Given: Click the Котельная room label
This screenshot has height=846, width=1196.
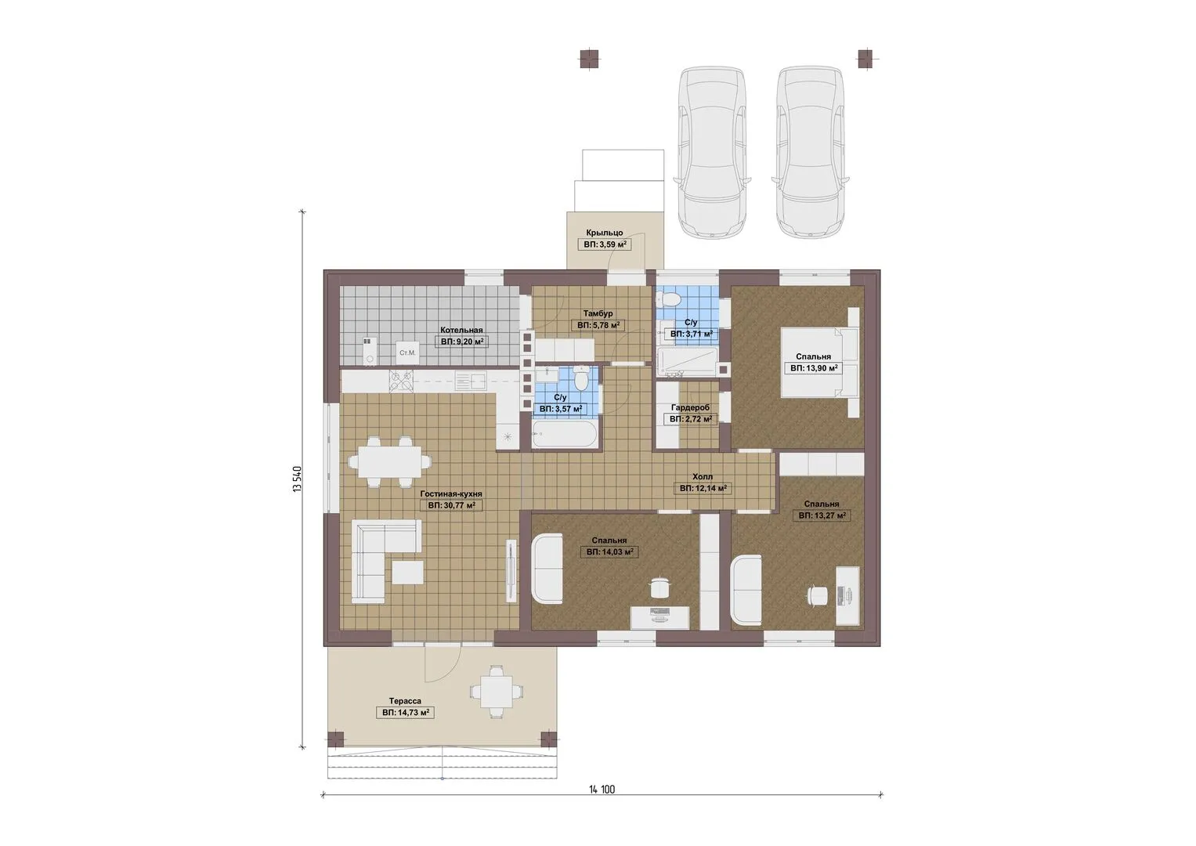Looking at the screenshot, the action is [461, 330].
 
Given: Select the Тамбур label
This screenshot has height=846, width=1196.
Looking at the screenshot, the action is [598, 313].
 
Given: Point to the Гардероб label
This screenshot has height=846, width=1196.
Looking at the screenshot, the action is [690, 407].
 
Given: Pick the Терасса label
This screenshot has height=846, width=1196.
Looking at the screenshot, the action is [405, 701].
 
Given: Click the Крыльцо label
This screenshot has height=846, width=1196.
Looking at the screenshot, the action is [605, 233].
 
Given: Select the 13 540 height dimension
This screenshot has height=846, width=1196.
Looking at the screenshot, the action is [298, 479].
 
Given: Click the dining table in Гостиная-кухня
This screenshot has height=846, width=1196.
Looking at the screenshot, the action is [390, 462].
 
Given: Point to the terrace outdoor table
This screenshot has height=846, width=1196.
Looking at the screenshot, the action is [497, 692].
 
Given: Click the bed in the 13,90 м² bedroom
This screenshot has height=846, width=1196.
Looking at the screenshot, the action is [820, 362].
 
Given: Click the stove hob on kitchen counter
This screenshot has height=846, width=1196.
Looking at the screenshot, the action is [401, 382].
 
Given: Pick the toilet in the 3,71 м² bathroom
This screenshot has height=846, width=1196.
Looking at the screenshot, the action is [672, 298].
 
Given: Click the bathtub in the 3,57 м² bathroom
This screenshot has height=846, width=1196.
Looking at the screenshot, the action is [565, 434].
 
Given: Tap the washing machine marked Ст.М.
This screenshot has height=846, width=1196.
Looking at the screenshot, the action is [407, 353].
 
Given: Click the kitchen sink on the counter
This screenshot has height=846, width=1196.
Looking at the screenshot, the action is [471, 382].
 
